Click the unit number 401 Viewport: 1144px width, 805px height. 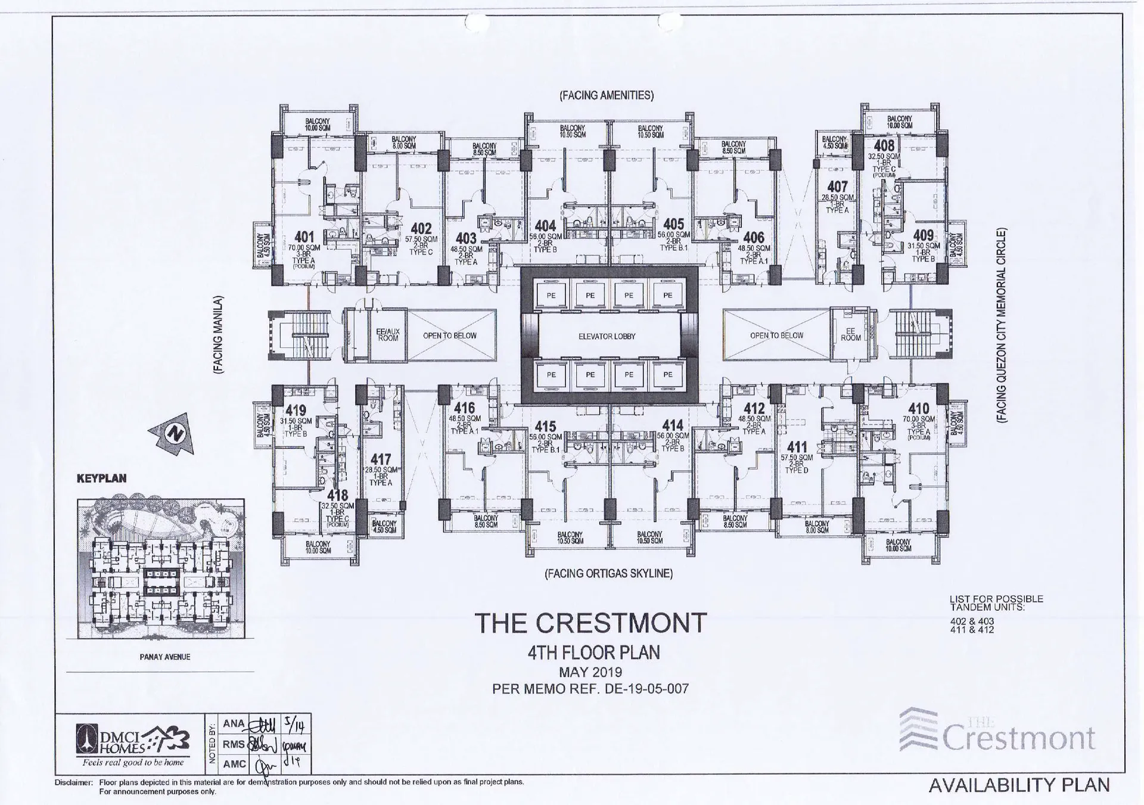304,237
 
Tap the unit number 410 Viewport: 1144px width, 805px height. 918,409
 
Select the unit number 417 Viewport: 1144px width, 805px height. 381,459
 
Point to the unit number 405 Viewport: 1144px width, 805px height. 673,224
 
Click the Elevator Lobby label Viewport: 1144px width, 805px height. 607,337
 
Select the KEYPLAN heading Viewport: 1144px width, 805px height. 101,478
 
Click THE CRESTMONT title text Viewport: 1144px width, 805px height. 590,623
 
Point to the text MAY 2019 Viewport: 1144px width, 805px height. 590,672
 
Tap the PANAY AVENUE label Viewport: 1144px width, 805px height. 164,657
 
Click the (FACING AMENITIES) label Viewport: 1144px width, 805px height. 606,95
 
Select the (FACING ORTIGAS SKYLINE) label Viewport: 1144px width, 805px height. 608,574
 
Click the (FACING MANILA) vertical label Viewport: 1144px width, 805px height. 218,335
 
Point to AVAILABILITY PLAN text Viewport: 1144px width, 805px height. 1019,785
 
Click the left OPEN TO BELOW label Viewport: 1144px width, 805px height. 449,336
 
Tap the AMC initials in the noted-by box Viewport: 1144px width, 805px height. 234,764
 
